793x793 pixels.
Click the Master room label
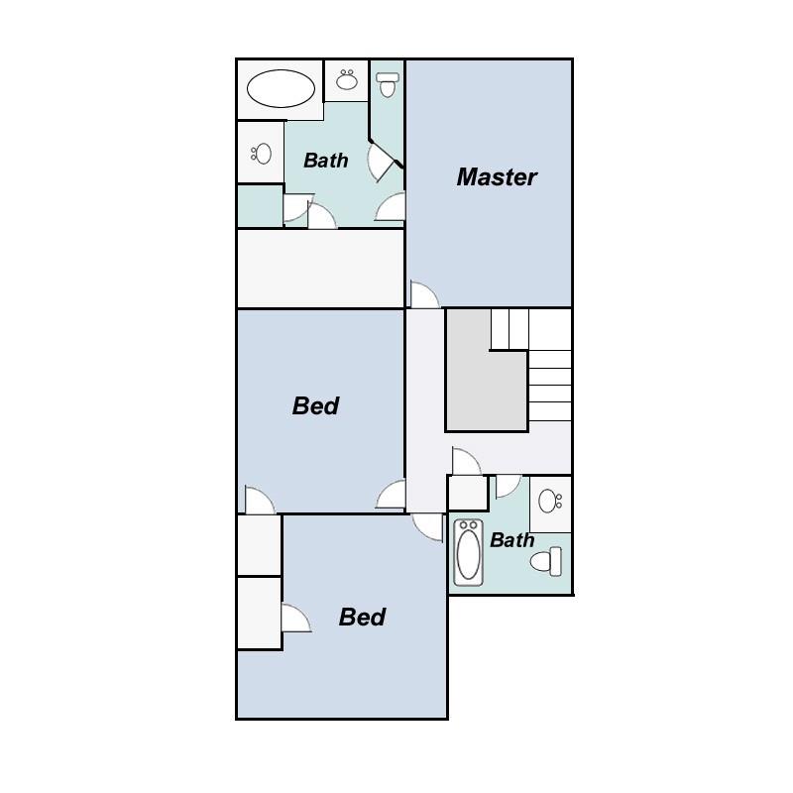tap(497, 177)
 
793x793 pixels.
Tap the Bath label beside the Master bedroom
tap(326, 160)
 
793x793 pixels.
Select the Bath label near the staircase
tap(511, 540)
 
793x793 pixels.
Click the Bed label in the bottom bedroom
tap(362, 618)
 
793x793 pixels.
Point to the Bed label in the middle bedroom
tap(316, 406)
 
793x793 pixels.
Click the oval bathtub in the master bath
tap(281, 89)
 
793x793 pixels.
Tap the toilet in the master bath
tap(388, 84)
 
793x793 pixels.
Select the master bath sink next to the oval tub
tap(347, 80)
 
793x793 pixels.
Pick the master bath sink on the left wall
tap(262, 153)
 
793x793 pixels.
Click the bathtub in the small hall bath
tap(467, 552)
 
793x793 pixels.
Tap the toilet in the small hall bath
tap(546, 563)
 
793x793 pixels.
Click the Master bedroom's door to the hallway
tap(424, 295)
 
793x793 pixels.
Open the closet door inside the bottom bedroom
tap(294, 619)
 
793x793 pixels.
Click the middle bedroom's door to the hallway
tap(393, 496)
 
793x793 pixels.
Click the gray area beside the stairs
tap(484, 382)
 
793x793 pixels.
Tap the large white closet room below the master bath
tap(319, 269)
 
